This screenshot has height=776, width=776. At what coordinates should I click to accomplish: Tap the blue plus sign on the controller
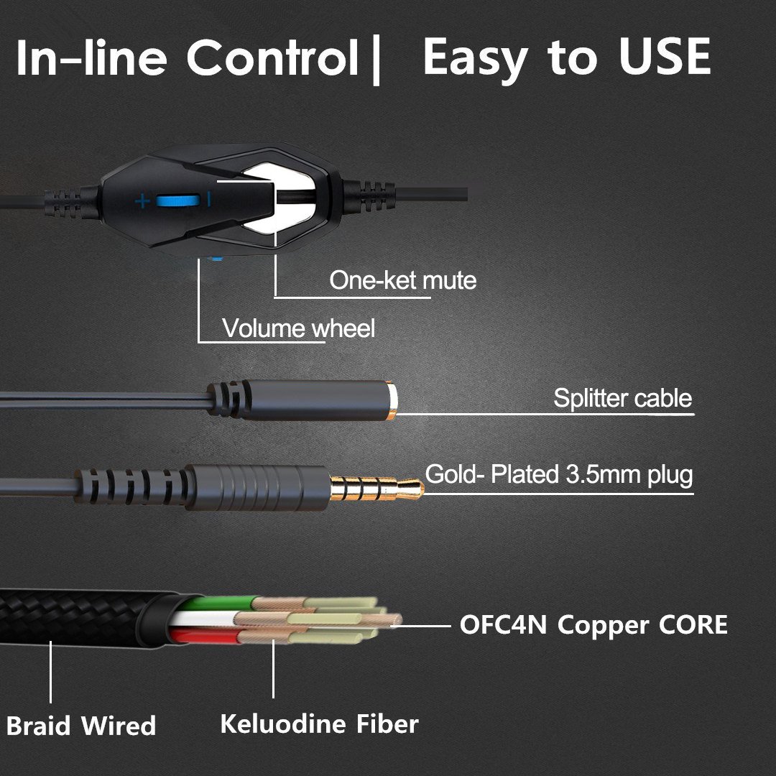[142, 200]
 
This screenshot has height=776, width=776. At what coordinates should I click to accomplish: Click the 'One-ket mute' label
[402, 280]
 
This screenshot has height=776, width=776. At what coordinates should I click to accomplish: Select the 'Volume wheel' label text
[298, 329]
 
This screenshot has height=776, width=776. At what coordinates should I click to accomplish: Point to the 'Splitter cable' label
[622, 398]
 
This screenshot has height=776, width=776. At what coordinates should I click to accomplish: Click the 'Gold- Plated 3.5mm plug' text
[559, 475]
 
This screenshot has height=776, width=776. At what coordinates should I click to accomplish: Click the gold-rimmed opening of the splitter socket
[392, 400]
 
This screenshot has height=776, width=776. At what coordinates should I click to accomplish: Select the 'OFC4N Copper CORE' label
[593, 624]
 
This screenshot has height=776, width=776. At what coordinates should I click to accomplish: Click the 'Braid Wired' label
[81, 725]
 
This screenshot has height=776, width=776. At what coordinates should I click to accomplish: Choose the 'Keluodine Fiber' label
[319, 723]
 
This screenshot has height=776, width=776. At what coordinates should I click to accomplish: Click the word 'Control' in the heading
[272, 59]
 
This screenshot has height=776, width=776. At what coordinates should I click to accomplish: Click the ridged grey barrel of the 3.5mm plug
[259, 486]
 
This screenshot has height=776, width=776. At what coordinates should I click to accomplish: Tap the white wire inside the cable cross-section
[205, 619]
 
